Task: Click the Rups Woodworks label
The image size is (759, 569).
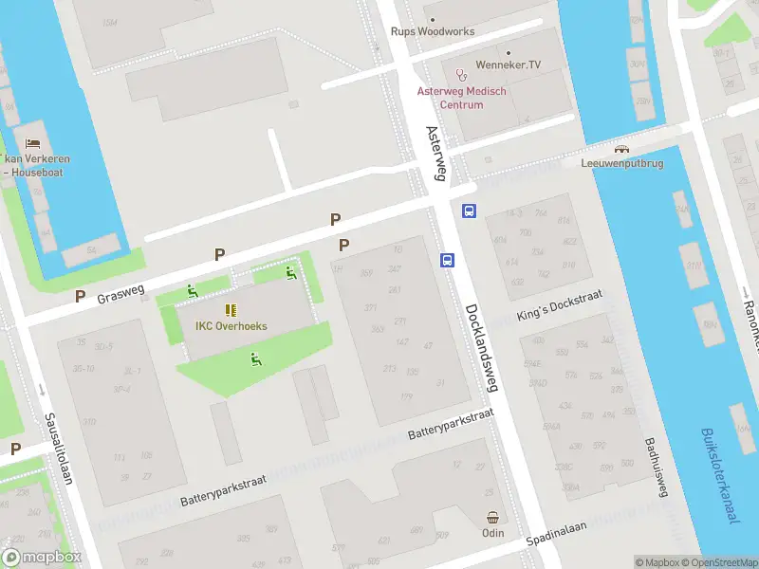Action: tap(433, 31)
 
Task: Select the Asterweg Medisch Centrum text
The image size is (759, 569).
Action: tap(462, 98)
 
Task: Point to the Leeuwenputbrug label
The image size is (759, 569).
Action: tap(621, 162)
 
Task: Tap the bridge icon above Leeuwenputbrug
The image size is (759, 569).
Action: tap(621, 148)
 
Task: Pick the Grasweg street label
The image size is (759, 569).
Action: tap(120, 294)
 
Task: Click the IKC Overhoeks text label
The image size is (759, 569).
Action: tap(231, 326)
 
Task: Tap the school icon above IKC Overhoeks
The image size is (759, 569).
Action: tap(231, 310)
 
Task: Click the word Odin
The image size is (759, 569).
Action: tap(492, 534)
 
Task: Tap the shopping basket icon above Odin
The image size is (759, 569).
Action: tap(492, 518)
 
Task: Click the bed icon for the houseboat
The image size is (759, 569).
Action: tap(33, 142)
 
